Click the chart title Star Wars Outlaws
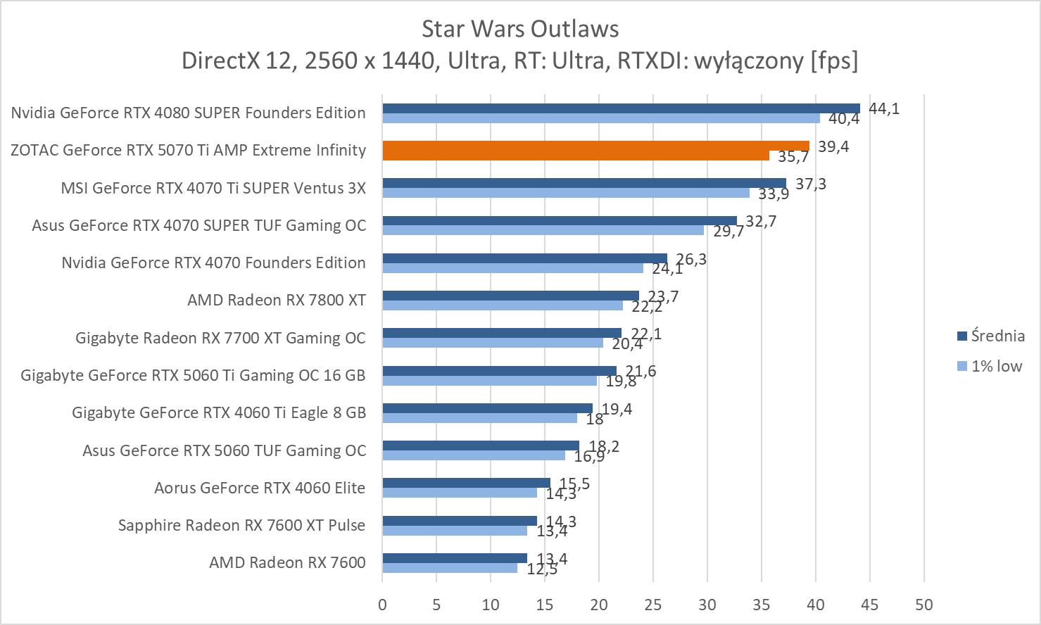(520, 29)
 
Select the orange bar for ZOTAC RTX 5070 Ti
(595, 146)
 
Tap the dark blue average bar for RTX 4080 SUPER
(621, 108)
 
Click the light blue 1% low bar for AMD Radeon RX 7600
(450, 568)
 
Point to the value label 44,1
(884, 109)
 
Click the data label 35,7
(793, 157)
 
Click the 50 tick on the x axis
(923, 605)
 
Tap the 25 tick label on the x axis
(653, 605)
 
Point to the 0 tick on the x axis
(382, 605)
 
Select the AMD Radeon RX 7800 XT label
(277, 301)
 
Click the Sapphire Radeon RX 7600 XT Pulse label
(242, 525)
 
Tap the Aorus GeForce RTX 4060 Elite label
(260, 488)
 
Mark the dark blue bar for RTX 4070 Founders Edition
(524, 258)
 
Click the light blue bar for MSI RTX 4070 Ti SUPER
(566, 193)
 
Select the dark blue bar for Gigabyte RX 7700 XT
(502, 333)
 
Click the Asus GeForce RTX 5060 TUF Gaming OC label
(225, 450)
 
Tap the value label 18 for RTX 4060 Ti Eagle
(595, 419)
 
